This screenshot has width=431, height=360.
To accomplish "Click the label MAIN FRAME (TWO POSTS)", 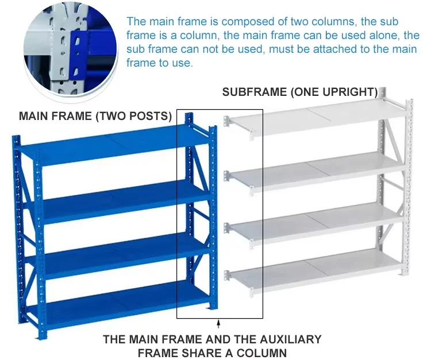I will tap(95, 117).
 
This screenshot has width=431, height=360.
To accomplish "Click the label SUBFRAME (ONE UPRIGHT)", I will tap(300, 92).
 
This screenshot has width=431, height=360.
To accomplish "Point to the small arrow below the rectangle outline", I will tap(218, 325).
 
